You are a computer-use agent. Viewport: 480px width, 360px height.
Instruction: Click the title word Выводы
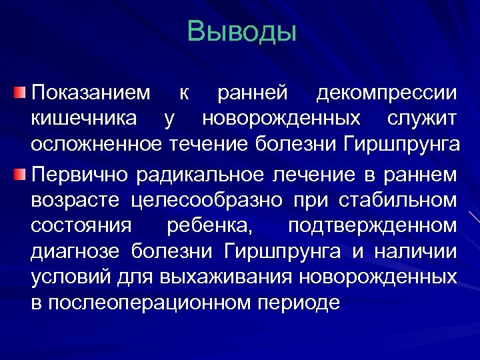coord(241,32)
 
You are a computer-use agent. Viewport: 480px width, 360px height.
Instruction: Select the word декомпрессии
coord(387,93)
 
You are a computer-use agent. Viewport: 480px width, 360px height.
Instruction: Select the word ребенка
coord(209,226)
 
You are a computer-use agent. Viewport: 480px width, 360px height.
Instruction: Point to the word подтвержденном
coord(373,226)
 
